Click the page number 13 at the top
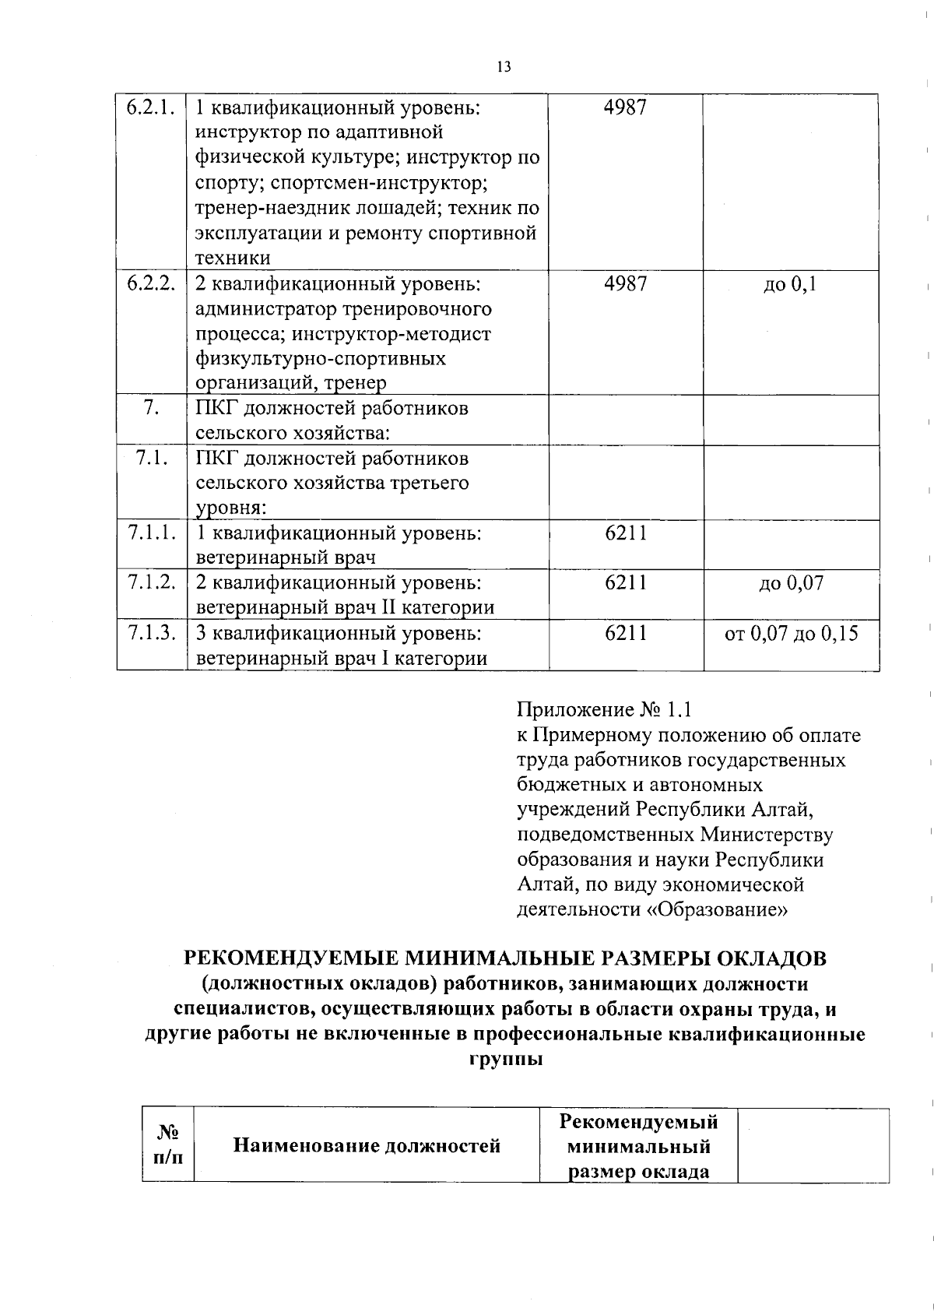coord(503,66)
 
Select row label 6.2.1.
coord(150,107)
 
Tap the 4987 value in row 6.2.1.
coord(625,107)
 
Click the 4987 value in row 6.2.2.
coord(625,284)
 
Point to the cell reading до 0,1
coord(790,284)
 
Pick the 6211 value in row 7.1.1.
coord(625,533)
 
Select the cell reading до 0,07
coord(791,582)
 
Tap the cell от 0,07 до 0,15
coord(791,633)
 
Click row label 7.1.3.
coord(150,633)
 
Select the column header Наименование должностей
coord(367,1145)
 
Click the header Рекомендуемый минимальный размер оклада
coord(638,1146)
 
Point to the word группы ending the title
coord(505,1060)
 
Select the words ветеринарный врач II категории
coord(345,607)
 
